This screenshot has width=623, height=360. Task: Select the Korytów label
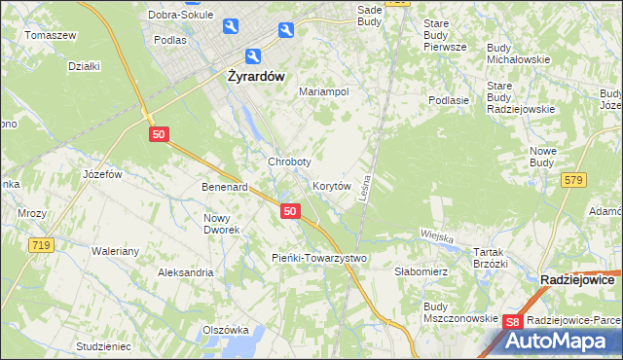pyautogui.click(x=331, y=185)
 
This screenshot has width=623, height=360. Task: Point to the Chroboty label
pyautogui.click(x=289, y=162)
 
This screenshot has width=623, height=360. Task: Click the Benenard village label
pyautogui.click(x=225, y=186)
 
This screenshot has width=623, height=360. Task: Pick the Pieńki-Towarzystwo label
pyautogui.click(x=317, y=258)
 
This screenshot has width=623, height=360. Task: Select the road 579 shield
pyautogui.click(x=573, y=179)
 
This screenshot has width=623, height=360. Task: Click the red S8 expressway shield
pyautogui.click(x=515, y=322)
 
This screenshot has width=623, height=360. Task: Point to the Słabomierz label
pyautogui.click(x=421, y=271)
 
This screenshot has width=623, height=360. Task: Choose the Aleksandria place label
pyautogui.click(x=186, y=272)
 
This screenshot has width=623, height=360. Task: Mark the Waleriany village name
pyautogui.click(x=116, y=250)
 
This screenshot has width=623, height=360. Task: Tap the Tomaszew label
pyautogui.click(x=51, y=35)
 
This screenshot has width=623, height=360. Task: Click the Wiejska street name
pyautogui.click(x=438, y=234)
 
